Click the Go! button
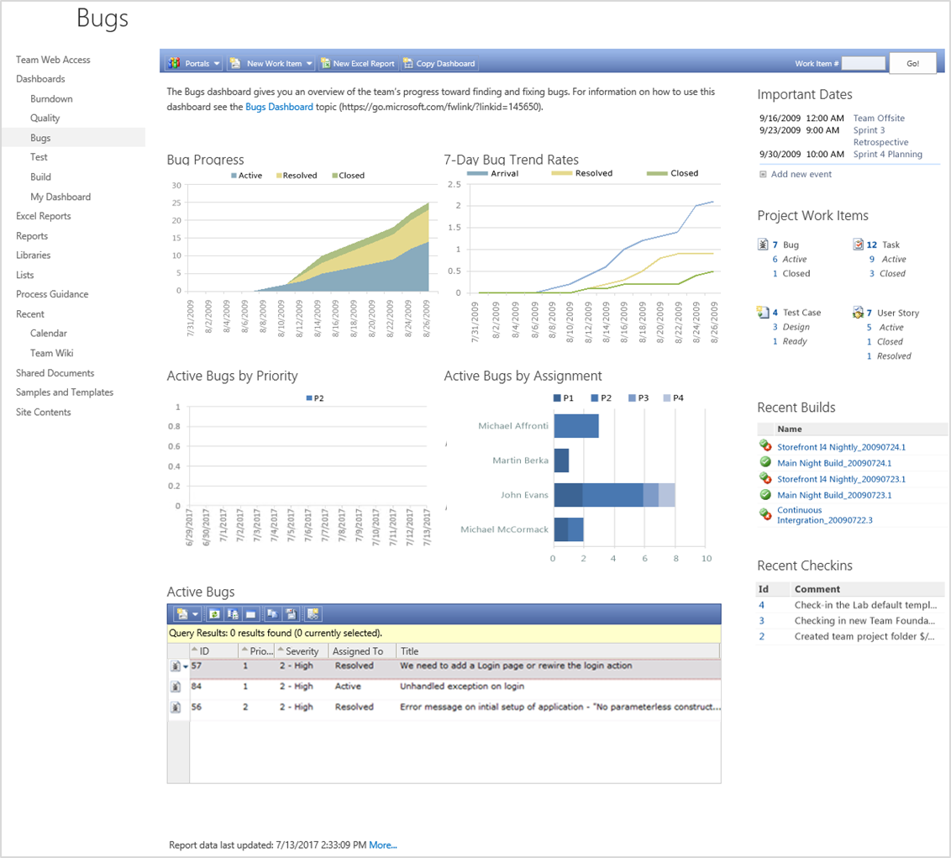[912, 63]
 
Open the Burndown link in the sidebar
[51, 98]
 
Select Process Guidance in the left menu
[52, 294]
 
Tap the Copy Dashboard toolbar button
[439, 63]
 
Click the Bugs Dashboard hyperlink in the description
[279, 107]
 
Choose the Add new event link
[801, 174]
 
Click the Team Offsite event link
[879, 118]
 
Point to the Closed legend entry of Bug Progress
[348, 176]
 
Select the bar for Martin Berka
[561, 461]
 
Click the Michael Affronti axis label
[512, 426]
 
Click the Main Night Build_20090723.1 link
[834, 495]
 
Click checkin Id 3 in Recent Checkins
[762, 621]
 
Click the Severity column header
[302, 651]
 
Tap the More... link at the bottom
[383, 845]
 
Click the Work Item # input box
[863, 63]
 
